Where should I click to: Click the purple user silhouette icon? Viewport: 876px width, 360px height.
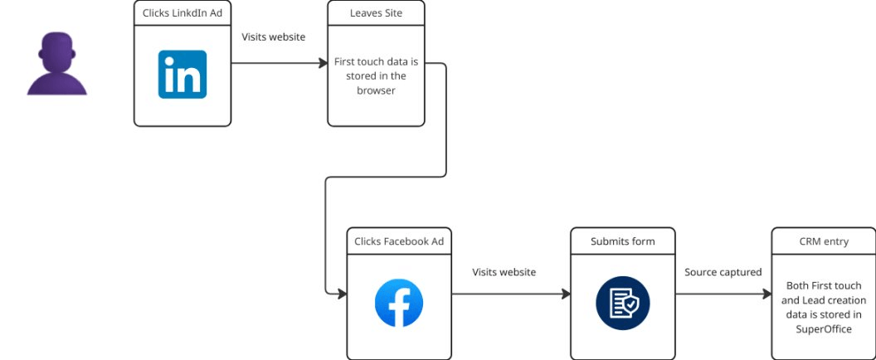point(56,66)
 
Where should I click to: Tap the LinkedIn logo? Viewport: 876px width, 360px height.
point(182,75)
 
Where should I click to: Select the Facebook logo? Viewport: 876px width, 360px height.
point(398,303)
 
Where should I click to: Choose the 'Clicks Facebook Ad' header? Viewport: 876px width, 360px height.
point(399,241)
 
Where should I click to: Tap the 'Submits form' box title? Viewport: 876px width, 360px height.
point(622,241)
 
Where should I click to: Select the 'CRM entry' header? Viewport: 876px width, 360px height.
point(823,241)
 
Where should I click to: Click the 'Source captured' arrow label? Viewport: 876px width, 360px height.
point(723,272)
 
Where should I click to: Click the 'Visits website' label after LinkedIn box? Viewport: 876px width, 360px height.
point(273,36)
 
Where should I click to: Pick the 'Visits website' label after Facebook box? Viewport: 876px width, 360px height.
point(504,272)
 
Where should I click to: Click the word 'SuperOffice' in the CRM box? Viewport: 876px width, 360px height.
point(823,329)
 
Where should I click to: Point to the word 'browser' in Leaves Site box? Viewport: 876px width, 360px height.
point(376,91)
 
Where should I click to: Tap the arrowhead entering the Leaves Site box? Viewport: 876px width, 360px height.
point(323,63)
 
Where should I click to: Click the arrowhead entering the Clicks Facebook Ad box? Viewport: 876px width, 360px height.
point(341,294)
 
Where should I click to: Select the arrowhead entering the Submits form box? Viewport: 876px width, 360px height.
point(566,294)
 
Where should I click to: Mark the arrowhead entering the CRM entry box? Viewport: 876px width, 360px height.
point(766,294)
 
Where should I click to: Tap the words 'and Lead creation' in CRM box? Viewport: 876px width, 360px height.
point(823,299)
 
